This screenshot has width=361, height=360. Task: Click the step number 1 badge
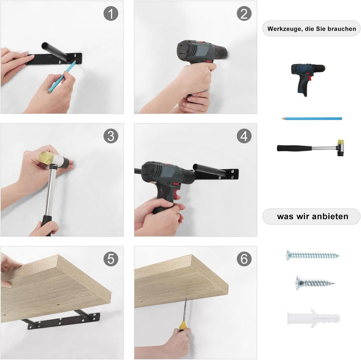pyautogui.click(x=111, y=14)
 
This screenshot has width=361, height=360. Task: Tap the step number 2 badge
pyautogui.click(x=244, y=14)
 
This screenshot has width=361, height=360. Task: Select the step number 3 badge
pyautogui.click(x=111, y=136)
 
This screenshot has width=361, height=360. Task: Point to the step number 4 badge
pyautogui.click(x=244, y=136)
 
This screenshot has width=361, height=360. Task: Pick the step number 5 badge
pyautogui.click(x=111, y=259)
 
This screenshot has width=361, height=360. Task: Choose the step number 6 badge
pyautogui.click(x=244, y=259)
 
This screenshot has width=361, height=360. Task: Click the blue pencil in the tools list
pyautogui.click(x=312, y=119)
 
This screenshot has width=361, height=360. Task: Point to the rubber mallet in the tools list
pyautogui.click(x=311, y=148)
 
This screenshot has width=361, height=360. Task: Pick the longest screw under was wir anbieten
pyautogui.click(x=313, y=255)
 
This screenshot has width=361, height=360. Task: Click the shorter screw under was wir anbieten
pyautogui.click(x=315, y=283)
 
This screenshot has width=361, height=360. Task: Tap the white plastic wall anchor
pyautogui.click(x=313, y=318)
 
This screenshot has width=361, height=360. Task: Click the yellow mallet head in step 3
pyautogui.click(x=46, y=158)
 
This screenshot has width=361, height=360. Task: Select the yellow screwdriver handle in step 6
pyautogui.click(x=183, y=326)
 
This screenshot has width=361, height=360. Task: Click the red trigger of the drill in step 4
pyautogui.click(x=176, y=190)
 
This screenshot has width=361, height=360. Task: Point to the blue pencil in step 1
pyautogui.click(x=62, y=77)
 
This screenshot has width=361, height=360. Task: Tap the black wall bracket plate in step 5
pyautogui.click(x=64, y=320)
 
